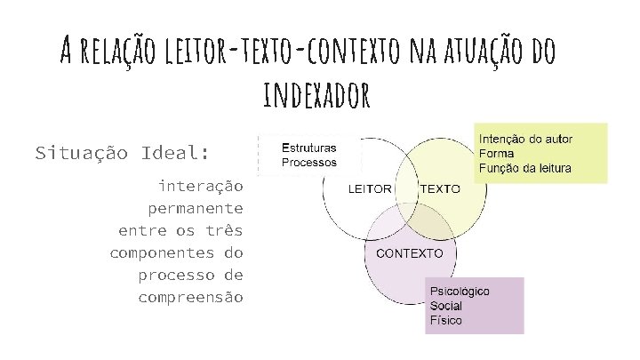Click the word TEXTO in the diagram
pyautogui.click(x=440, y=189)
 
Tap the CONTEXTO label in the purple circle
pyautogui.click(x=410, y=252)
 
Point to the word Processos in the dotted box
pyautogui.click(x=309, y=163)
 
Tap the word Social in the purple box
pyautogui.click(x=446, y=306)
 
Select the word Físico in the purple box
pyautogui.click(x=445, y=320)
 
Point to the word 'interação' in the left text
pyautogui.click(x=200, y=186)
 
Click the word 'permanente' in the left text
pyautogui.click(x=196, y=208)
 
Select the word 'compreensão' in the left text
pyautogui.click(x=190, y=297)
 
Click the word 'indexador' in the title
pyautogui.click(x=316, y=95)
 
